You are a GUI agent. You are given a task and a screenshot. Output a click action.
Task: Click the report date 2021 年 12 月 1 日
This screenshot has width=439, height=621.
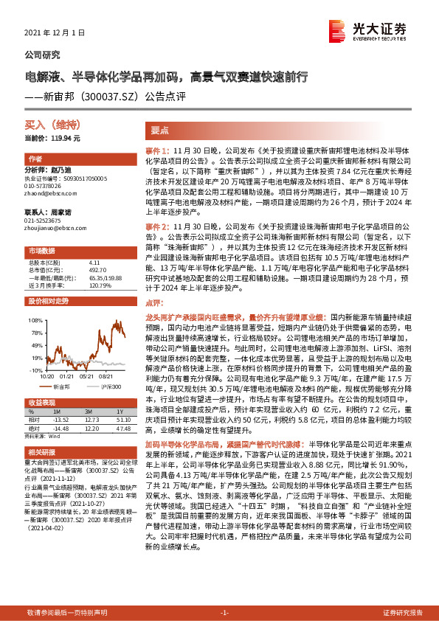(55, 33)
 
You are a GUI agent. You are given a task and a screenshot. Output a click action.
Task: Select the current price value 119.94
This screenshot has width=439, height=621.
(66, 138)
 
